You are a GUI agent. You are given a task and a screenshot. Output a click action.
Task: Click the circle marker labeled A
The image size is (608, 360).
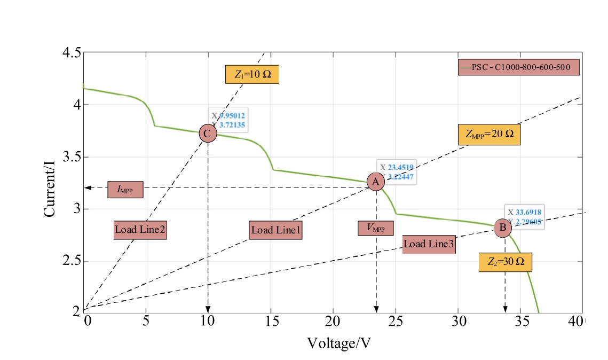click(x=376, y=182)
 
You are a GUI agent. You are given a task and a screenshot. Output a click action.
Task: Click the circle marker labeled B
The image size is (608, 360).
click(x=502, y=228)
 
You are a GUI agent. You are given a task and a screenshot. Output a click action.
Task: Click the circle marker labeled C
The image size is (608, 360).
click(x=208, y=134)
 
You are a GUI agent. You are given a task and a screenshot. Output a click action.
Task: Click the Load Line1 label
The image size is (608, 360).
click(x=276, y=230)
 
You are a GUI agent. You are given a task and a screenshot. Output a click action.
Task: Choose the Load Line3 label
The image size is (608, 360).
click(x=429, y=244)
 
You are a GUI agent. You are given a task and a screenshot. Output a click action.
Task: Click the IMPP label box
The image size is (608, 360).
click(x=125, y=189)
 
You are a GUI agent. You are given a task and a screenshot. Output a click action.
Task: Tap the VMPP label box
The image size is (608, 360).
click(x=376, y=228)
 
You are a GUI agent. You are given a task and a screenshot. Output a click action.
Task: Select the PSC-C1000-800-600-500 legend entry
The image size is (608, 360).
click(x=518, y=68)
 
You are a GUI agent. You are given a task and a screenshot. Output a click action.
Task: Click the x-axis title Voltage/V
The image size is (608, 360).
click(x=339, y=342)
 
